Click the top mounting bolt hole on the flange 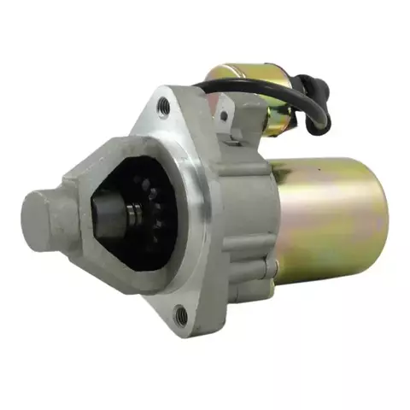pyautogui.click(x=163, y=106)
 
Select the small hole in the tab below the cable pyautogui.click(x=223, y=115)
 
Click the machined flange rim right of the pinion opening pyautogui.click(x=201, y=214)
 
